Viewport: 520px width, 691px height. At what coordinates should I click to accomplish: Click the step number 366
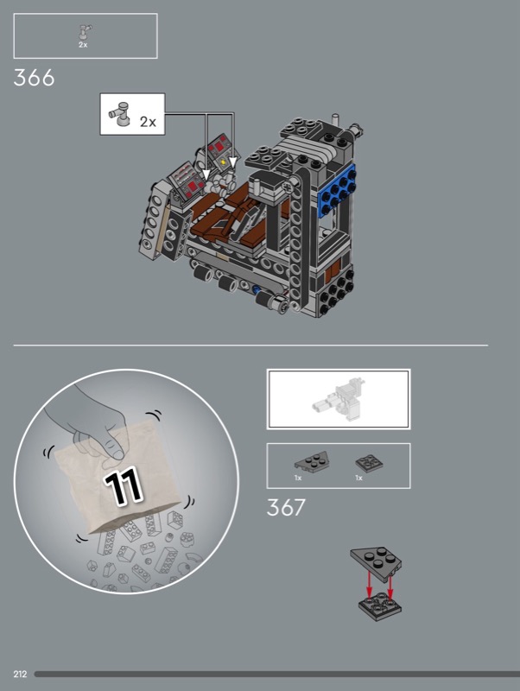(x=34, y=78)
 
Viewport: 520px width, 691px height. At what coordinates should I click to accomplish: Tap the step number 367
(x=286, y=507)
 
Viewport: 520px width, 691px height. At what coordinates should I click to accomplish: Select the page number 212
(x=20, y=674)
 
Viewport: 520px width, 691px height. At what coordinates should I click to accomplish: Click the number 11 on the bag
(x=123, y=487)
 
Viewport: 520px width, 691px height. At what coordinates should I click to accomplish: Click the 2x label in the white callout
(x=148, y=121)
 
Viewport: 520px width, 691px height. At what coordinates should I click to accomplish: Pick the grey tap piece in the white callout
(x=119, y=113)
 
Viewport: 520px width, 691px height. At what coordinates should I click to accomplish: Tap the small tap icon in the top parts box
(x=84, y=32)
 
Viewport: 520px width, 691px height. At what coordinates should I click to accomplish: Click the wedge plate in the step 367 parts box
(x=312, y=462)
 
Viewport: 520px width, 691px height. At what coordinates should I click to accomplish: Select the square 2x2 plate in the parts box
(x=369, y=462)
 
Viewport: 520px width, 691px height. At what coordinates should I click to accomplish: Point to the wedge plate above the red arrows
(x=376, y=560)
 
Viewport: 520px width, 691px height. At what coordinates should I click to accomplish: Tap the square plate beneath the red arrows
(x=379, y=608)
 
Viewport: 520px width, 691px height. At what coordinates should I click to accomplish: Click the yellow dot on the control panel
(x=224, y=162)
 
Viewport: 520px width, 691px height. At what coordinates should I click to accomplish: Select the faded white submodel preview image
(x=339, y=398)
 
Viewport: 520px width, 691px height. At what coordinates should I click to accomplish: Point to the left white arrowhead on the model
(x=206, y=174)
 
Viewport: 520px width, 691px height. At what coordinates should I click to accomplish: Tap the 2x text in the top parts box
(x=83, y=45)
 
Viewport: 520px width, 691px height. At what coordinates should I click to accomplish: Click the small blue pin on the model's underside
(x=257, y=290)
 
